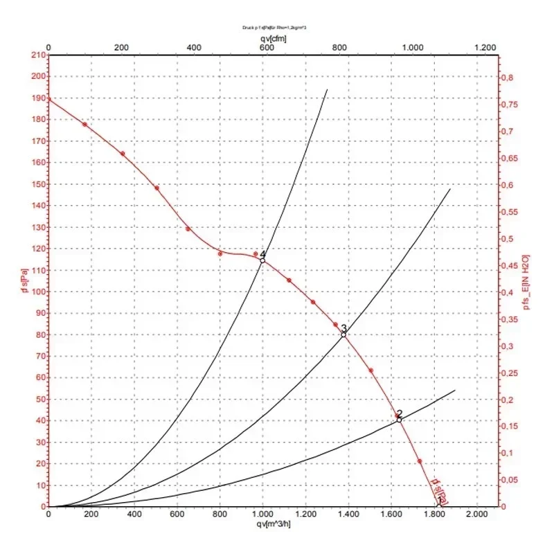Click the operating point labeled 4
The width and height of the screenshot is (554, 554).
(262, 260)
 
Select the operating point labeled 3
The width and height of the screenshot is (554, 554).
(343, 334)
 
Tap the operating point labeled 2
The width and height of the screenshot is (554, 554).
(399, 419)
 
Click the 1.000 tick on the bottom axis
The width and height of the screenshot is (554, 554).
(262, 515)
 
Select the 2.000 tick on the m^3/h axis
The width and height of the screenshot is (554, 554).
(476, 515)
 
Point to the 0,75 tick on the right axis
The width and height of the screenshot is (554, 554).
(511, 105)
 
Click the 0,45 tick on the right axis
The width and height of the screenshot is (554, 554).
(511, 266)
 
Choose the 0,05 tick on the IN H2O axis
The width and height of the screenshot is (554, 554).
(511, 481)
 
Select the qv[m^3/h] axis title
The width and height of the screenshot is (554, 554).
(270, 524)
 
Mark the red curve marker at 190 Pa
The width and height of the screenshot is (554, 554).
(48, 98)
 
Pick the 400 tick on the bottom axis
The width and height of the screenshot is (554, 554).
(134, 515)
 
